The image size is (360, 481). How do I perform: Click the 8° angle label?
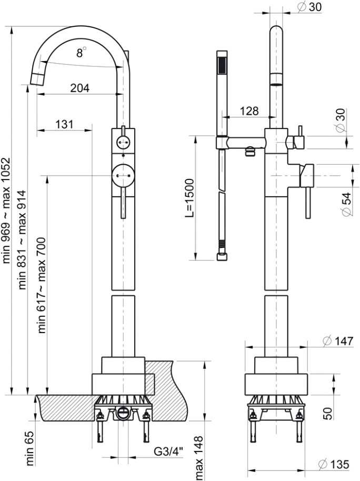(81, 52)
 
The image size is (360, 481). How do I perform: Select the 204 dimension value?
(79, 87)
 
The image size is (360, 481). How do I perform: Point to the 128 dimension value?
(249, 111)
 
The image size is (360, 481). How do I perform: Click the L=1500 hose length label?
(190, 198)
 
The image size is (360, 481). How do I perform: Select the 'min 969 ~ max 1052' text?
(7, 211)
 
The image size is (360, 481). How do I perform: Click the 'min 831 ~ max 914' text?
(23, 239)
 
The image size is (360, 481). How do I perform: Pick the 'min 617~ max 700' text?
(42, 285)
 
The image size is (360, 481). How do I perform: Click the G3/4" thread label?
(168, 452)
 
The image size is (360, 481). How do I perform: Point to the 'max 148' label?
(199, 457)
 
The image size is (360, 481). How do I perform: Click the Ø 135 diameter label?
(335, 465)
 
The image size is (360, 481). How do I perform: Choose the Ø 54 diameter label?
(346, 204)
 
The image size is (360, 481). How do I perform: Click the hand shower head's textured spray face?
(222, 66)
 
